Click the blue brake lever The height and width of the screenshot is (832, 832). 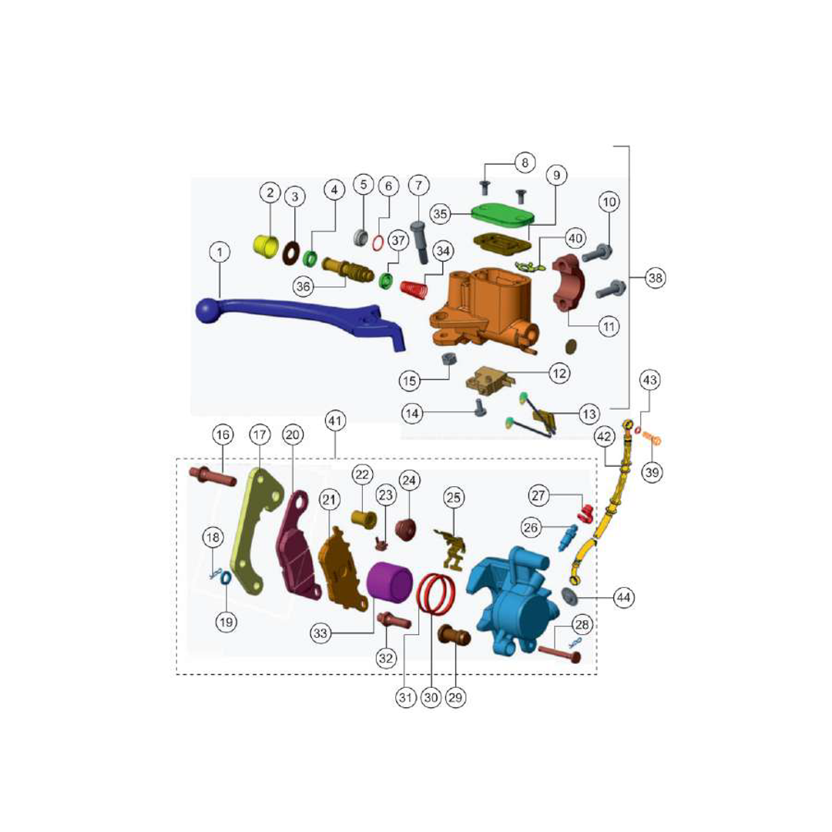pyautogui.click(x=297, y=318)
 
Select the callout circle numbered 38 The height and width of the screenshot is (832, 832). pyautogui.click(x=656, y=277)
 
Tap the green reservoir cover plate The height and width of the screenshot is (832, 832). pyautogui.click(x=502, y=216)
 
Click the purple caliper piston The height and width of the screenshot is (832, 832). pyautogui.click(x=390, y=582)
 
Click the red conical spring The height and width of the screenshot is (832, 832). pyautogui.click(x=414, y=290)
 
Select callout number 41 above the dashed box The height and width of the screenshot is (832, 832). pyautogui.click(x=334, y=421)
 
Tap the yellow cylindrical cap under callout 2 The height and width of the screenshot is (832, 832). pyautogui.click(x=265, y=245)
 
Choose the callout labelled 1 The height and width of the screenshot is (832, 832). pyautogui.click(x=220, y=252)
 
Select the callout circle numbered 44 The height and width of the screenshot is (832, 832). pyautogui.click(x=623, y=598)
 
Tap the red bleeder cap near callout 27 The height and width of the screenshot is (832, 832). pyautogui.click(x=585, y=513)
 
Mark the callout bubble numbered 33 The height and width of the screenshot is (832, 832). pyautogui.click(x=320, y=633)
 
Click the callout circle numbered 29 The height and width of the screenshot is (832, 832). pyautogui.click(x=455, y=697)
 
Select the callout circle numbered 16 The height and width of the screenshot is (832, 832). pyautogui.click(x=223, y=435)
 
